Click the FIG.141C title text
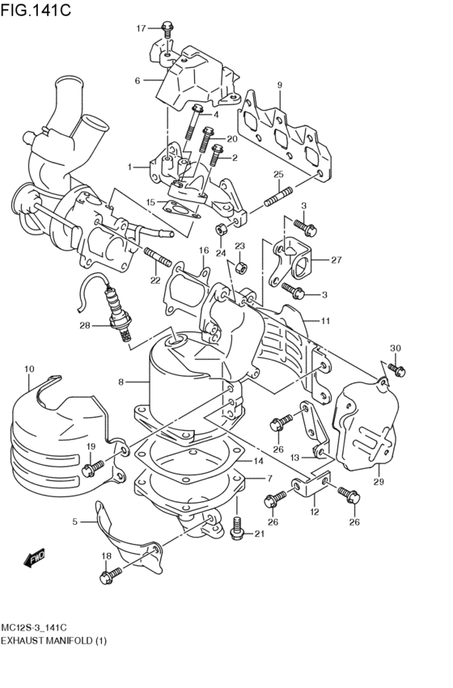coord(35,10)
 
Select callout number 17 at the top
coord(141,28)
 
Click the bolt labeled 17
coord(167,31)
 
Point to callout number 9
coord(280,85)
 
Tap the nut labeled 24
coord(221,229)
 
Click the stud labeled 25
coord(278,197)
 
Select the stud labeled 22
coord(157,257)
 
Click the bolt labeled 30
coord(396,370)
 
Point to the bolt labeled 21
coord(236,527)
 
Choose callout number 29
coord(379,481)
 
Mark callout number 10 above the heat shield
coord(29,369)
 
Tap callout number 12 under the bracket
coord(315,511)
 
